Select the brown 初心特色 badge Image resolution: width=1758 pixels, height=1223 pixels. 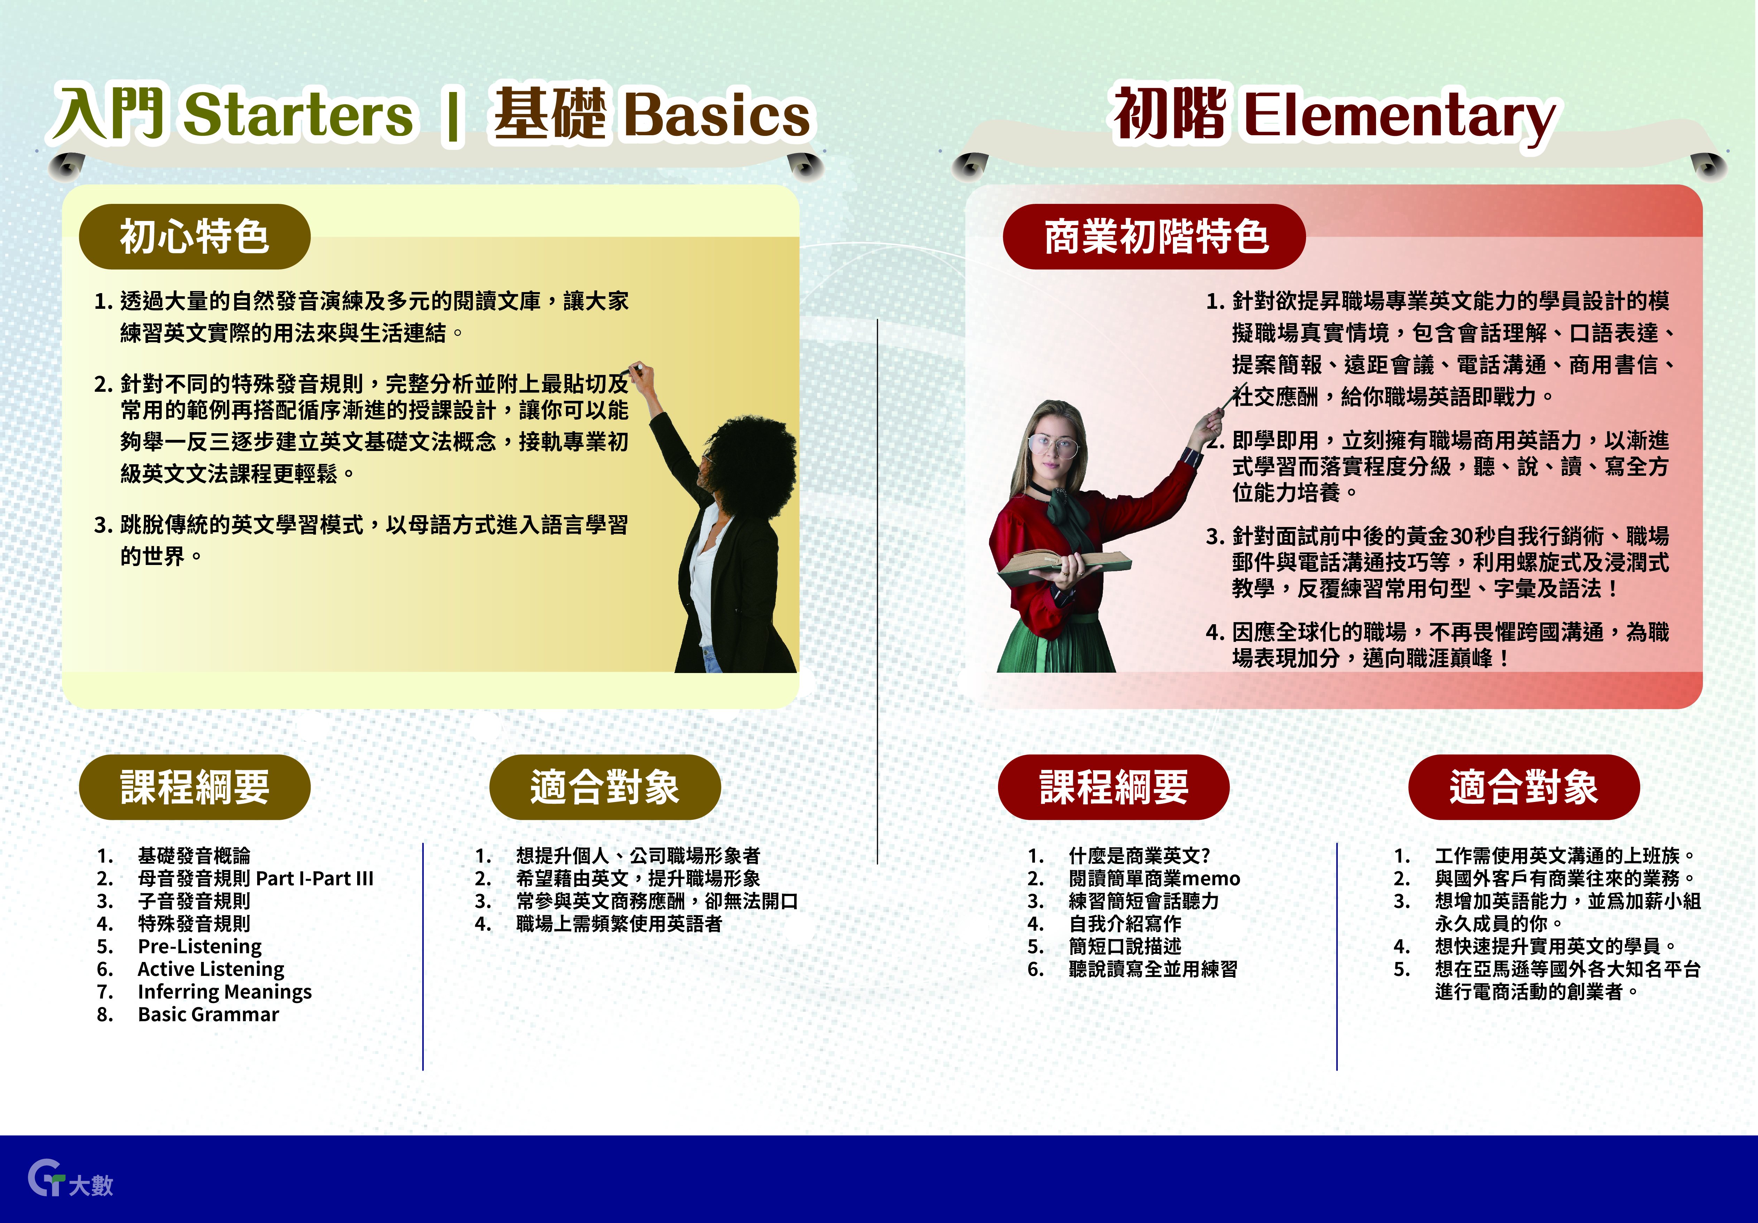194,237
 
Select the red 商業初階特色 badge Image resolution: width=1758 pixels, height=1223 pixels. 1155,237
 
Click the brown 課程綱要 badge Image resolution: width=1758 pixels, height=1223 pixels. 194,787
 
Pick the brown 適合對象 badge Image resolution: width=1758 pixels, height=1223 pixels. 605,787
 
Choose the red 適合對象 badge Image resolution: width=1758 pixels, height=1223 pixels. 1524,787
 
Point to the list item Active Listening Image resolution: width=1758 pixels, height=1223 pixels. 210,970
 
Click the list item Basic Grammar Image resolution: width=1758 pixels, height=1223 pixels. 208,1015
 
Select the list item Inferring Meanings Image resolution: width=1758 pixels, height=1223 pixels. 224,993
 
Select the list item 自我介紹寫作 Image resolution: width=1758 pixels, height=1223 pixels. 1125,924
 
